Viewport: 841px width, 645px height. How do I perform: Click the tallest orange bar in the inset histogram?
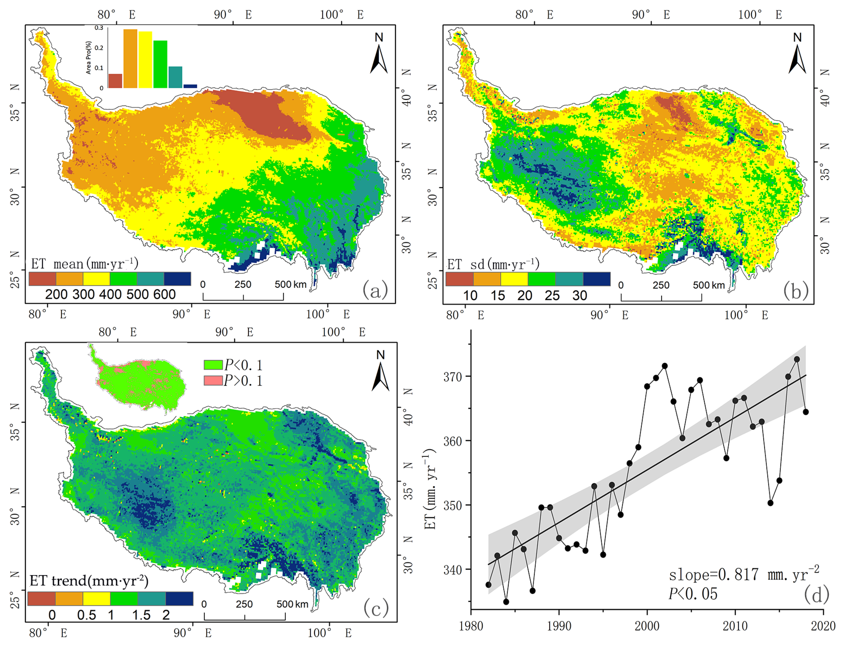coord(130,58)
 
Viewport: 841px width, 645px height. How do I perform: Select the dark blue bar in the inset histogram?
coord(190,86)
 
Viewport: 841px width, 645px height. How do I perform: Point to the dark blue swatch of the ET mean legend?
coord(177,279)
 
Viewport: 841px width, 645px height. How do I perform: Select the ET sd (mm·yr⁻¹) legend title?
coord(493,264)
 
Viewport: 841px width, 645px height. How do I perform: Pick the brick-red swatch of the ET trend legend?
coord(41,598)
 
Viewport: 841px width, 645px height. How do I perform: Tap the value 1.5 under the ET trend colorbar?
coord(141,615)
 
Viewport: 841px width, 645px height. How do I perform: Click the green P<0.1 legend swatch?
coord(213,364)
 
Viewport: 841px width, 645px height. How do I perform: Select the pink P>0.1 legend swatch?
coord(213,381)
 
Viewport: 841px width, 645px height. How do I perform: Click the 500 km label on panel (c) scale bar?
coord(292,604)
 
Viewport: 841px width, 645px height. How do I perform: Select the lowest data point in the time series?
coord(506,602)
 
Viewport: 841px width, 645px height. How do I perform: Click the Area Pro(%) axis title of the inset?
coord(88,58)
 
